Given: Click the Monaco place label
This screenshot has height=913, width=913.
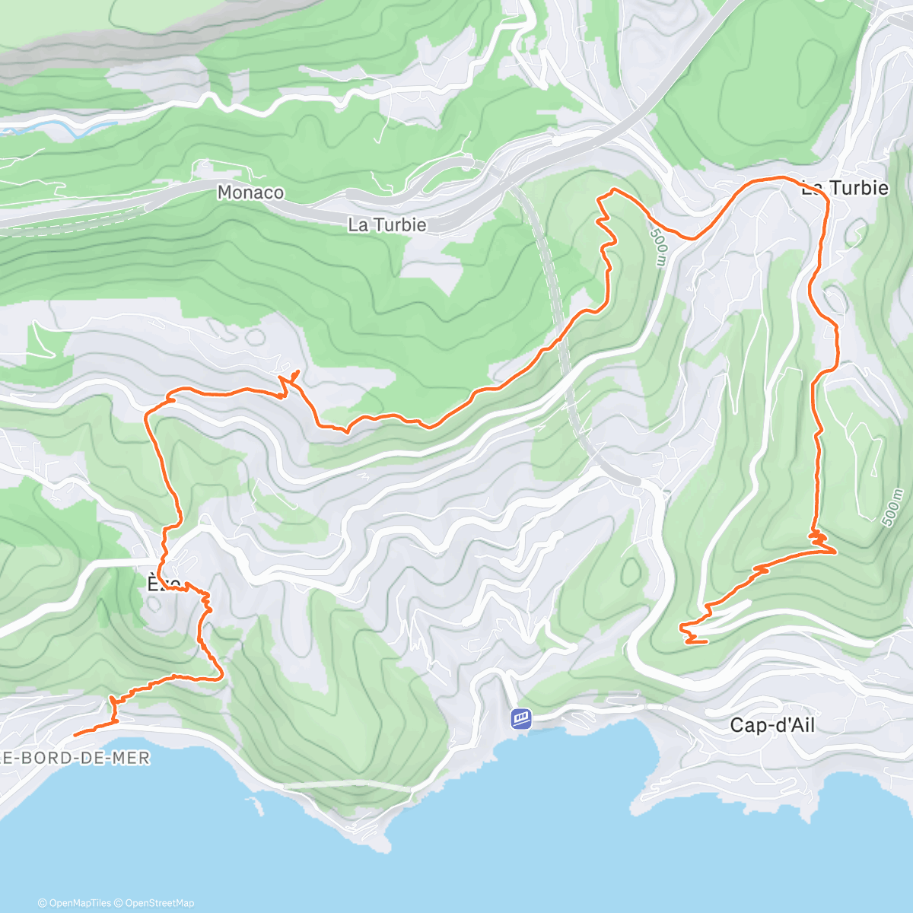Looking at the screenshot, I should [250, 192].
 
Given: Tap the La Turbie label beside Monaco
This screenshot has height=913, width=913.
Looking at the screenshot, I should [387, 225].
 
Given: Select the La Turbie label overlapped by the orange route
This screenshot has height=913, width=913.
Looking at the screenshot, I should [845, 188].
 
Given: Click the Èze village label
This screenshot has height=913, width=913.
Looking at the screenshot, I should [163, 584].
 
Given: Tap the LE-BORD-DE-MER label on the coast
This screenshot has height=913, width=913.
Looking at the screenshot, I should [75, 758].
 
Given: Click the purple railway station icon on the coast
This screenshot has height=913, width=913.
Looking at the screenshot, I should [521, 717].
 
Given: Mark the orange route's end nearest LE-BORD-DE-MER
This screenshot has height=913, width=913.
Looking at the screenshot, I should [75, 735].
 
